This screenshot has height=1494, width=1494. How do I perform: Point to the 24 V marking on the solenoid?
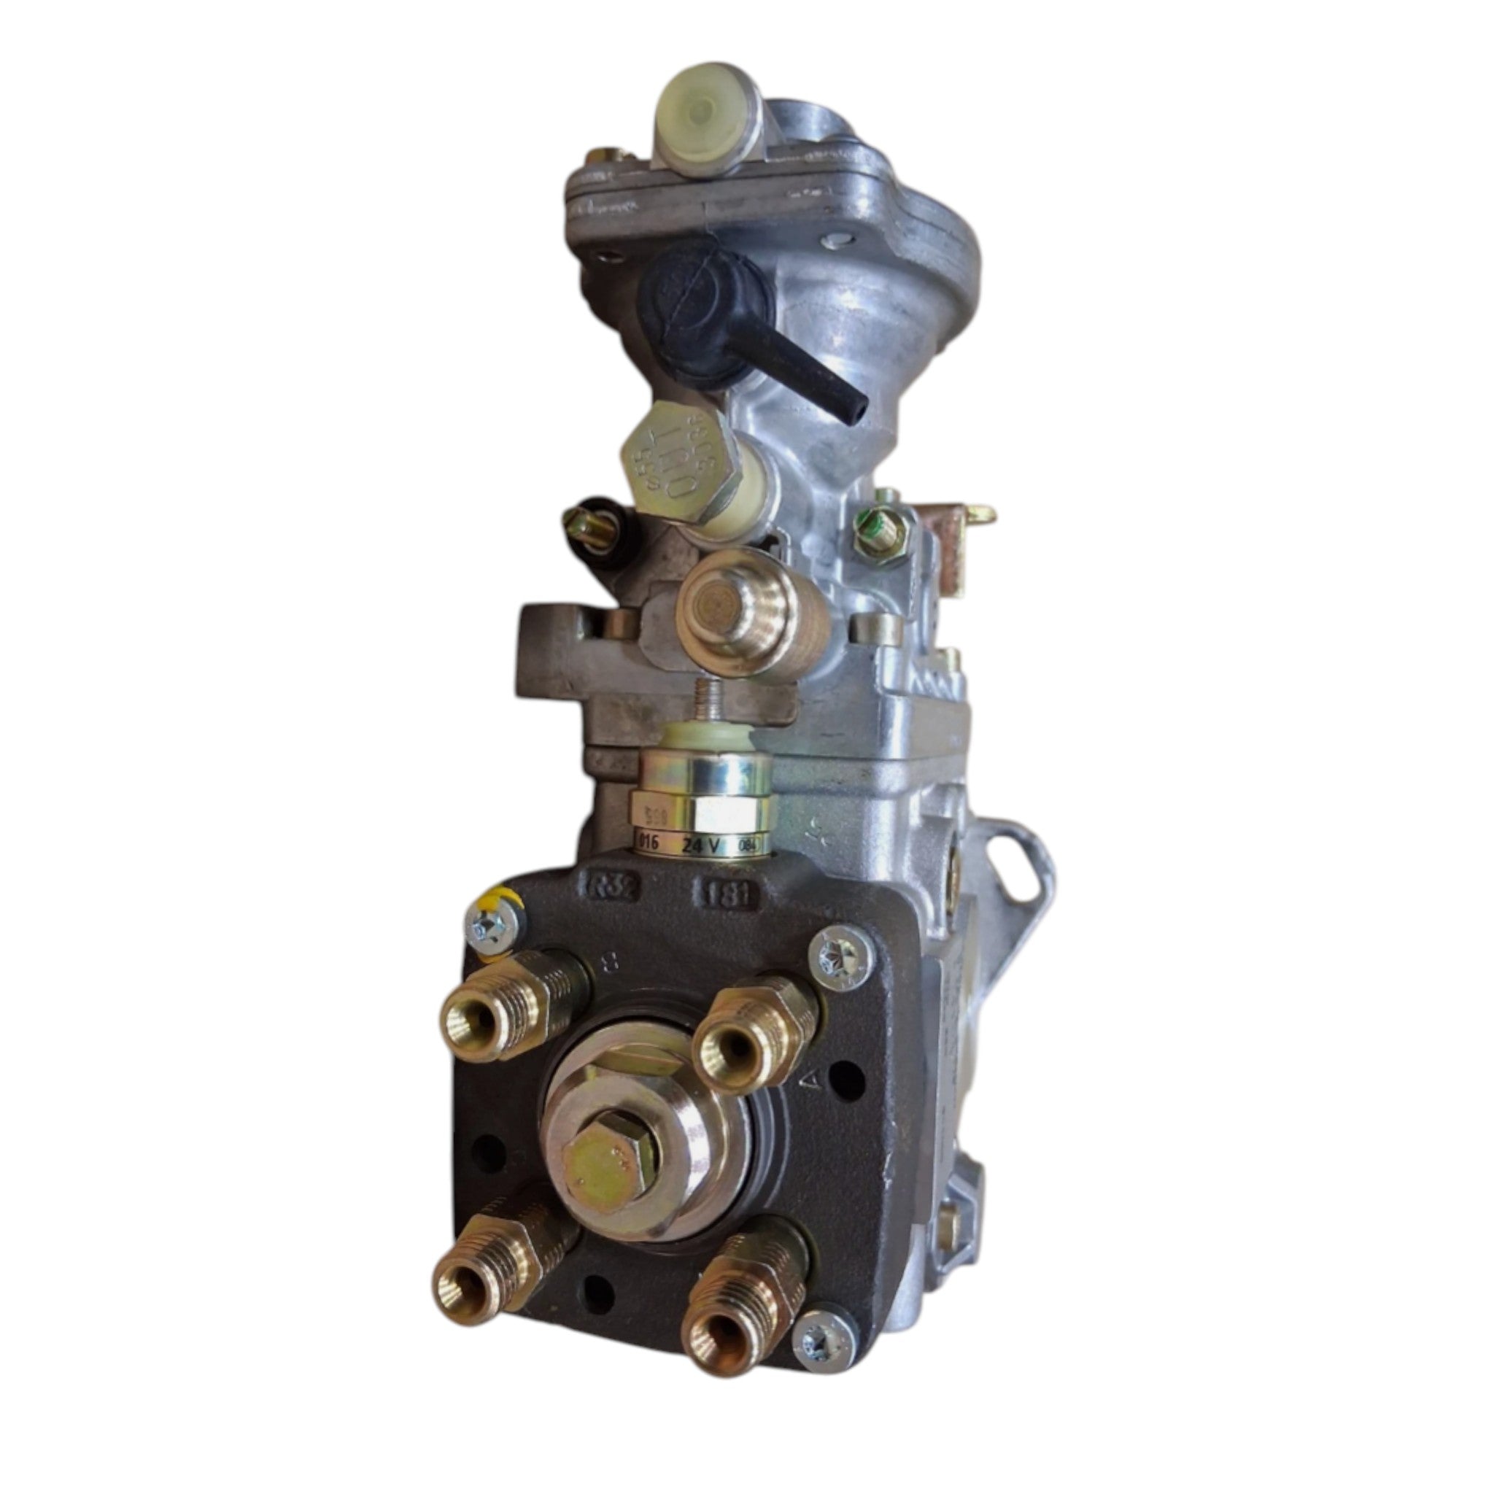pos(700,845)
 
